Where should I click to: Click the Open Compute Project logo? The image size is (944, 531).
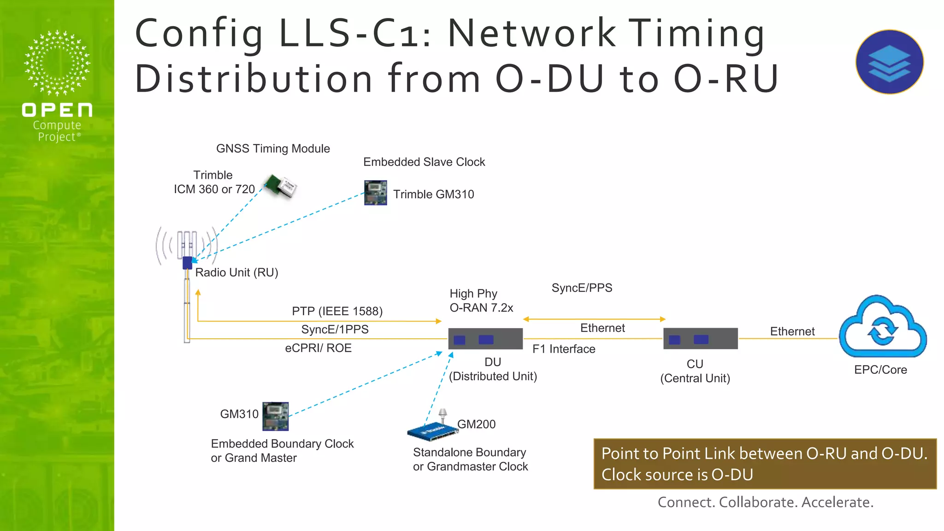(x=57, y=86)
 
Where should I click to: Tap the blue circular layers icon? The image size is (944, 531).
(x=889, y=62)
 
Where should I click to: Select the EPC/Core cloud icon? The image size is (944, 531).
(x=882, y=327)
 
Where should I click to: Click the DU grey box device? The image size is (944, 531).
(x=485, y=339)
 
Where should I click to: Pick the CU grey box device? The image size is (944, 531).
(x=700, y=339)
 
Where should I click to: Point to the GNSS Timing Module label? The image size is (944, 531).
(x=273, y=148)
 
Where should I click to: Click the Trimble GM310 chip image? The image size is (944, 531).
(x=375, y=193)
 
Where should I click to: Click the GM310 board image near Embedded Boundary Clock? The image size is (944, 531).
(x=275, y=416)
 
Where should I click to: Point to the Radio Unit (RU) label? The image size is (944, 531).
(x=236, y=272)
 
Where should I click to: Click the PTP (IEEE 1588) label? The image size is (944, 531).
(x=337, y=311)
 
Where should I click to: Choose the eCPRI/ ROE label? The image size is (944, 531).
(x=318, y=348)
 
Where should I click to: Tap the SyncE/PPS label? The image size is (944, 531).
(x=582, y=288)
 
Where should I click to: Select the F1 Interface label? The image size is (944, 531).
(x=563, y=349)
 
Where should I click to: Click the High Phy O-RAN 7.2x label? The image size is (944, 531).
(x=481, y=301)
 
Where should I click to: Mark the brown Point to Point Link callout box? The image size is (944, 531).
(x=765, y=464)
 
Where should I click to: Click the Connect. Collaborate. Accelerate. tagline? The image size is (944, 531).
(x=765, y=502)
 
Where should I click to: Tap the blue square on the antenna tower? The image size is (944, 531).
(x=187, y=263)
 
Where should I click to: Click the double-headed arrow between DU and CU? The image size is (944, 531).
(x=594, y=319)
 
